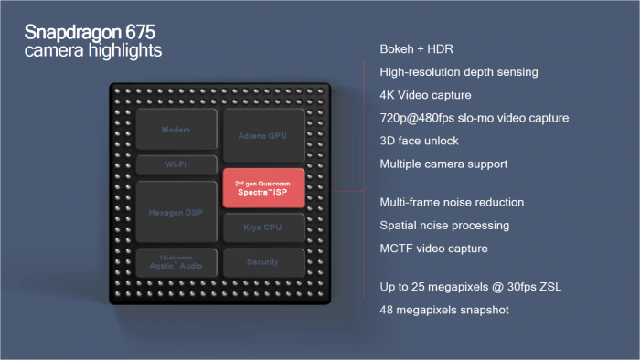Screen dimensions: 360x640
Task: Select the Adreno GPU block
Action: (x=262, y=134)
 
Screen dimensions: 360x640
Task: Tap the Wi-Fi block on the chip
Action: (x=176, y=165)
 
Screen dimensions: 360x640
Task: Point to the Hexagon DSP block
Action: (x=176, y=212)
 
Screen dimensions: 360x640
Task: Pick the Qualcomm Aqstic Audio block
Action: (x=176, y=261)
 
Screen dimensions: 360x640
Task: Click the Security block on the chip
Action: (x=262, y=262)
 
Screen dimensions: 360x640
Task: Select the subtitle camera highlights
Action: (x=93, y=51)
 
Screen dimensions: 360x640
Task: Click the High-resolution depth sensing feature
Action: (x=458, y=71)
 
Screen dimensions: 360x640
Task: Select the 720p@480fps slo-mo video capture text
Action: (x=474, y=118)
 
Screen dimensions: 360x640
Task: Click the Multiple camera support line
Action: (x=442, y=164)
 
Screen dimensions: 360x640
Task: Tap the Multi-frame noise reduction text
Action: (x=452, y=201)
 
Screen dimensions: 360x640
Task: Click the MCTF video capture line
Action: (x=433, y=248)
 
